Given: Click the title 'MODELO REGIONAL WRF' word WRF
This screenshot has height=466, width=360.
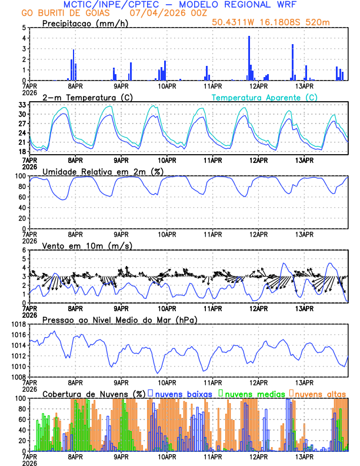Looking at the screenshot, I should (292, 5).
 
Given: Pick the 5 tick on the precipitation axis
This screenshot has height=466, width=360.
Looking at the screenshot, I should (24, 28).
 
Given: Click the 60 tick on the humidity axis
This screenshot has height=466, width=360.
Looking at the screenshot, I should (22, 197).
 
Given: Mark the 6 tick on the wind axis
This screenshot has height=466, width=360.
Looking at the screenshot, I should (24, 250).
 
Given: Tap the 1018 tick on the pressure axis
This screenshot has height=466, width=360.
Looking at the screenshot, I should (18, 324).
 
